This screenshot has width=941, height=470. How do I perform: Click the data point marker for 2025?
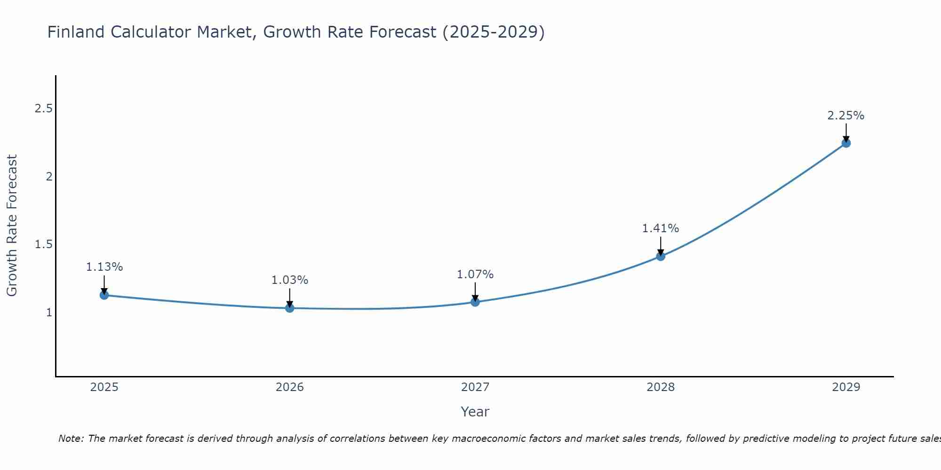(104, 295)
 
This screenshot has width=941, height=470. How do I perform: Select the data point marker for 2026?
(290, 308)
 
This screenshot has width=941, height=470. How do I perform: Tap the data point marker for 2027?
(475, 302)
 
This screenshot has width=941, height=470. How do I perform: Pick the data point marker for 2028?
(661, 256)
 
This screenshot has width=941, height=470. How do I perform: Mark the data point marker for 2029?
(846, 143)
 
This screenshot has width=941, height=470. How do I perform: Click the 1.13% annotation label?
(104, 267)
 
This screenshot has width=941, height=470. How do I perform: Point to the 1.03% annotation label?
(290, 280)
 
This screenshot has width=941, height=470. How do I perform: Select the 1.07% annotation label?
(475, 274)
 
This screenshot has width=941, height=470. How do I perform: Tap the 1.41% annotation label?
(661, 228)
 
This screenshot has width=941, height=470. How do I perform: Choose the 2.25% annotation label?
(846, 116)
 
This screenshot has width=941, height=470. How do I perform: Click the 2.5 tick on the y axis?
(43, 109)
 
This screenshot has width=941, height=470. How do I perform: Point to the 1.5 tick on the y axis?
(43, 244)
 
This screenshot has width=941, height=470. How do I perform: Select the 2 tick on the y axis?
(48, 177)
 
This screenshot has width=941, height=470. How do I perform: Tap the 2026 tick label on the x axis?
(290, 387)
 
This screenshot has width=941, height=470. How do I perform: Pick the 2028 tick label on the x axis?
(661, 387)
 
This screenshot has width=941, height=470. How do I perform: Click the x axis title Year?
(475, 412)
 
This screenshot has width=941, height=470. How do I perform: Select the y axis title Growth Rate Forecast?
(12, 226)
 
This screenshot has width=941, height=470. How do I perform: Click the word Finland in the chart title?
(76, 32)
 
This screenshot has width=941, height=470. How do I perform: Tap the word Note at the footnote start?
(71, 439)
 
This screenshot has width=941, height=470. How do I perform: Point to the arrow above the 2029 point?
(846, 132)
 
